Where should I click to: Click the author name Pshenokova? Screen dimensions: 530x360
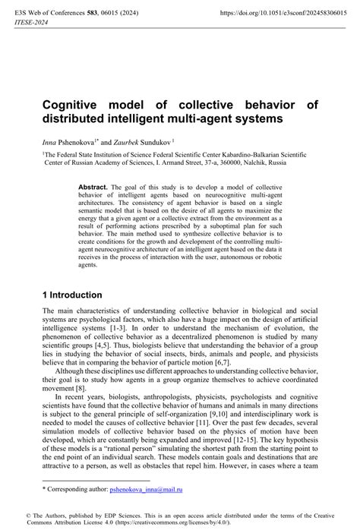pos(80,141)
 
